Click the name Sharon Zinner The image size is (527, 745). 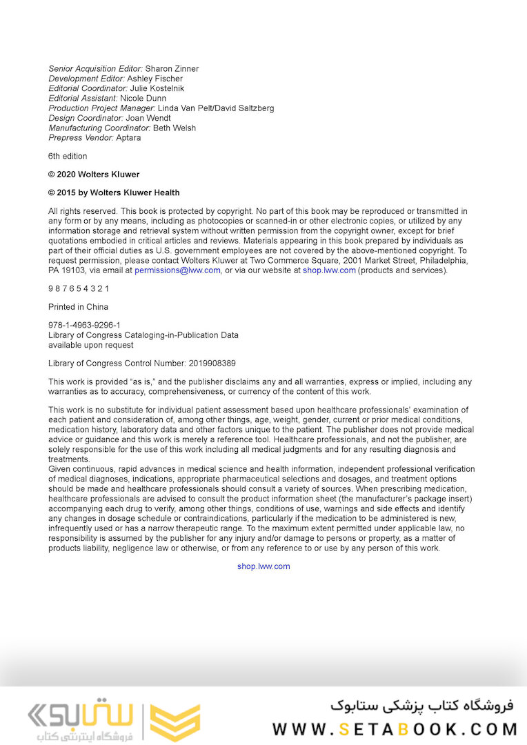pos(172,69)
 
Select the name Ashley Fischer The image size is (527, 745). pos(155,79)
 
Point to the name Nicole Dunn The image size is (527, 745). pos(143,99)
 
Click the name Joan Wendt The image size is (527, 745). pos(150,118)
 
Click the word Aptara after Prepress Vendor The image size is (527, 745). pos(128,137)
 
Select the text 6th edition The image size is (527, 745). pos(68,157)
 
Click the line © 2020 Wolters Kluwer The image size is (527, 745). pos(94,175)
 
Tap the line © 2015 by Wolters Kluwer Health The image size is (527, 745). pos(114,192)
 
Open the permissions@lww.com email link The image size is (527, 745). pos(178,270)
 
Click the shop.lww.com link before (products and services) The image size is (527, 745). pos(329,270)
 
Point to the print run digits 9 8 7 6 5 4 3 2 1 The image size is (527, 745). pos(79,288)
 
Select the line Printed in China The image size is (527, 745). pos(78,307)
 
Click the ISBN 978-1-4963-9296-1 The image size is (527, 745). pos(84,326)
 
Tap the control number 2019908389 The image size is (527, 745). pos(212,363)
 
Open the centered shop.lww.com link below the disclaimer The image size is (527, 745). pos(263,566)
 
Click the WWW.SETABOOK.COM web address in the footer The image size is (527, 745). pos(395,729)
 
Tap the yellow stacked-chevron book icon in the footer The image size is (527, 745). pos(175,722)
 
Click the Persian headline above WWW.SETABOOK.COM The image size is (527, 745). pos(422,706)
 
